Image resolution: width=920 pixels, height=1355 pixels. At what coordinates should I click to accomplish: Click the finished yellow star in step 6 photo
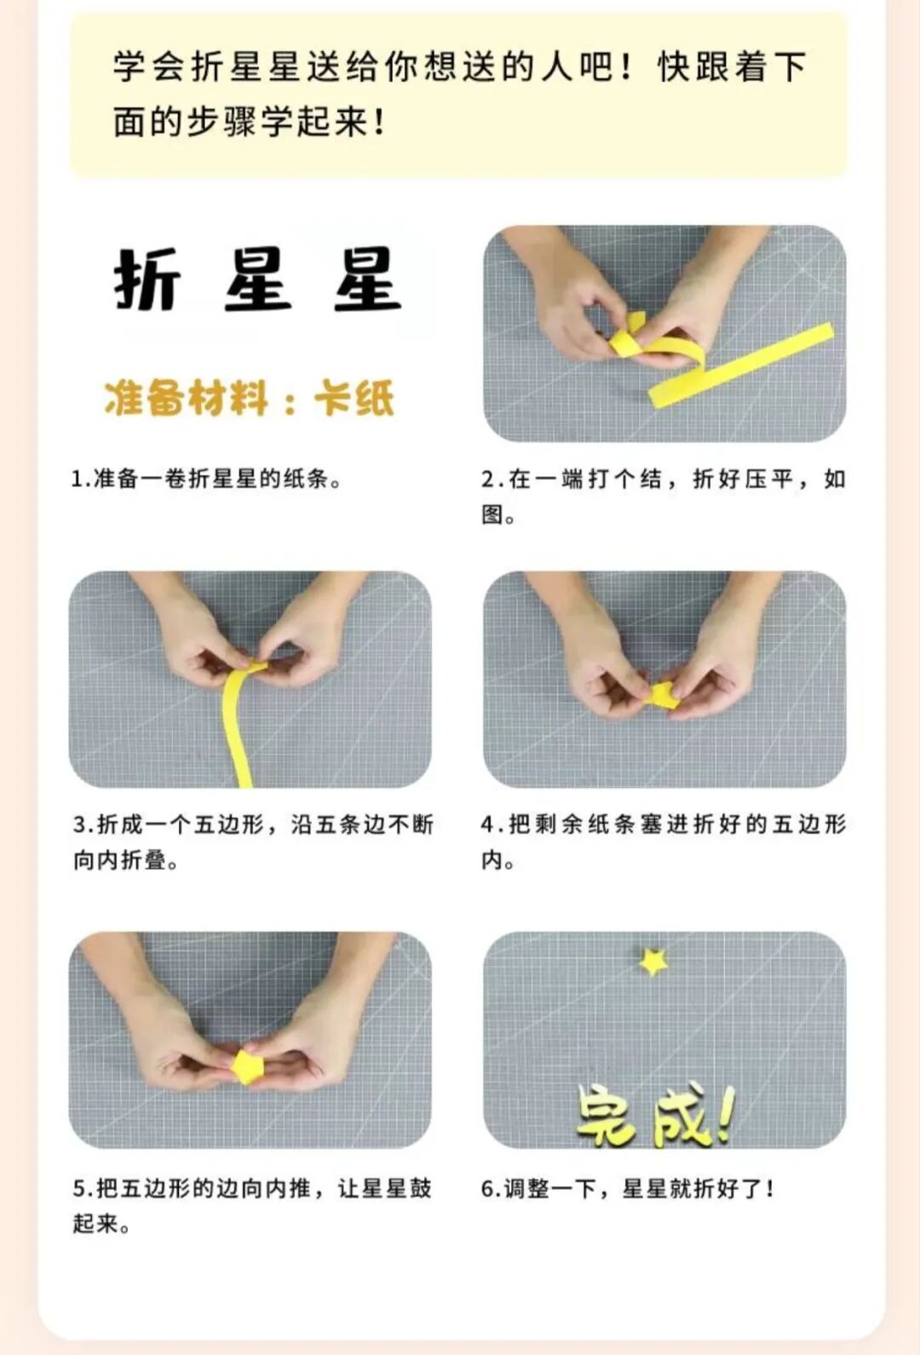653,961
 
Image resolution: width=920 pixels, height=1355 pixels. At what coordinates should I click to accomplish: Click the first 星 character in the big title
258,280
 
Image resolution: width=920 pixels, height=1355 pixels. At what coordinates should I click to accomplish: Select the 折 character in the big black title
147,280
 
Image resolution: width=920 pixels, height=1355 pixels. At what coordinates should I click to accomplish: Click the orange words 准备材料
186,398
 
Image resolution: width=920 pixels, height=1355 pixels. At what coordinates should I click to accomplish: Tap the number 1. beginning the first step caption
80,479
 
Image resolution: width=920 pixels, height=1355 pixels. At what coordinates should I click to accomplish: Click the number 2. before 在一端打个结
492,479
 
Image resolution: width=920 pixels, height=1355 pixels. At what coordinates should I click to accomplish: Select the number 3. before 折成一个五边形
83,824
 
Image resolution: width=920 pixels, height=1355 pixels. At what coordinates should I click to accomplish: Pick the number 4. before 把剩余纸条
492,824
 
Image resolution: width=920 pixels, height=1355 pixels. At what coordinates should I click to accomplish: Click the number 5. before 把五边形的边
83,1188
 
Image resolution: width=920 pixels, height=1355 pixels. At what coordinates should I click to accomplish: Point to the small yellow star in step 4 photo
663,695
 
